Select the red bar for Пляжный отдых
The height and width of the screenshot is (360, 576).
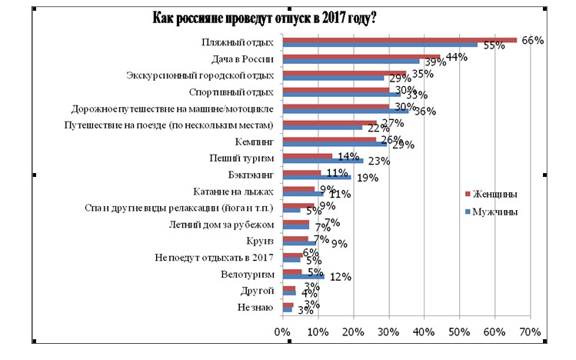pyautogui.click(x=408, y=40)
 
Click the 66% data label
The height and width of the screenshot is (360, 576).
pyautogui.click(x=533, y=40)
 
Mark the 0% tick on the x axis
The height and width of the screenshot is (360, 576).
pyautogui.click(x=282, y=332)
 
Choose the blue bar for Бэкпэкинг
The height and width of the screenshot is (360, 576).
pyautogui.click(x=316, y=178)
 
